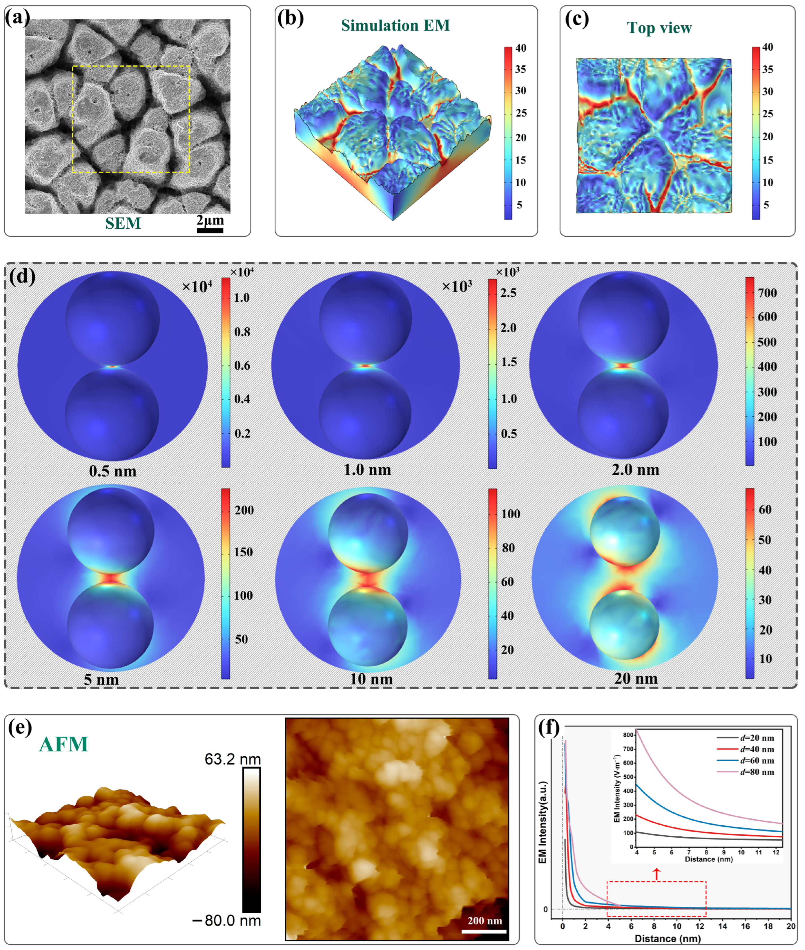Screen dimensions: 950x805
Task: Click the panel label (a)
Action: tap(17, 18)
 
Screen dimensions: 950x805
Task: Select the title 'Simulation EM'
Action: tap(395, 26)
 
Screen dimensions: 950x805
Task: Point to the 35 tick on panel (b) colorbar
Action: tap(520, 69)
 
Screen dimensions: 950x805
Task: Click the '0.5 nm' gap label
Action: tap(113, 471)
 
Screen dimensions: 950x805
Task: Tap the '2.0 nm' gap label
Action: tap(635, 470)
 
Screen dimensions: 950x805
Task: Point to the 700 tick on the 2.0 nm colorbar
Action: tap(767, 293)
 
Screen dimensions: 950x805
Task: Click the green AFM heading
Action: tap(64, 744)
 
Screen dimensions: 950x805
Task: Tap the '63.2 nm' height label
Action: tap(233, 759)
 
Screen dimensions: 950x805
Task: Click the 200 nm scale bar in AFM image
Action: tap(484, 931)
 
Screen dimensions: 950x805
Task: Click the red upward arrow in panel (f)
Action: tap(656, 874)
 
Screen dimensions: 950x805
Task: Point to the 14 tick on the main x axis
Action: tap(723, 926)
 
